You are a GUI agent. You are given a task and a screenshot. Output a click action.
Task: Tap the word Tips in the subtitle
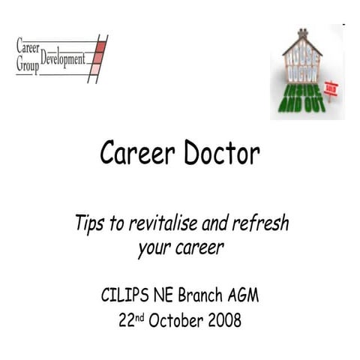pos(88,223)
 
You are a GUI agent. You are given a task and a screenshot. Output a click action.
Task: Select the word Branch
pos(202,294)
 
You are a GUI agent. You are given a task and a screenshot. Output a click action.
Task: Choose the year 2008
pos(224,321)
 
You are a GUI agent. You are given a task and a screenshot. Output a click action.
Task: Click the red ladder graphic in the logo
pos(98,58)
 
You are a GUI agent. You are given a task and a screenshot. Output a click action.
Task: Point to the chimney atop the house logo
pos(302,33)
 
